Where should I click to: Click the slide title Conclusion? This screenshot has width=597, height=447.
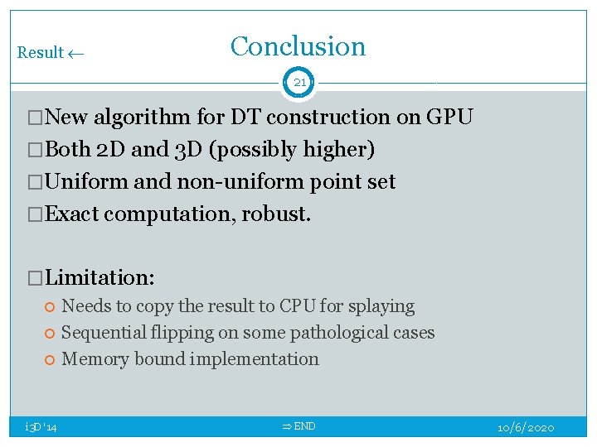point(298,46)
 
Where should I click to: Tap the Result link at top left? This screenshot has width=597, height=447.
point(50,53)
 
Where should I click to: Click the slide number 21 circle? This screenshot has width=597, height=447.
point(299,83)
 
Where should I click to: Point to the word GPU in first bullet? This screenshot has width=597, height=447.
point(449,118)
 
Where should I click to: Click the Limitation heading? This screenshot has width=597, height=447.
point(99,277)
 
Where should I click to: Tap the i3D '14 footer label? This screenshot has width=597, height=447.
point(41,427)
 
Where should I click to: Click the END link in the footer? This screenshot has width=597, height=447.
point(299,426)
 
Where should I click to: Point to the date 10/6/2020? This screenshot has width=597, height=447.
point(526,427)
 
